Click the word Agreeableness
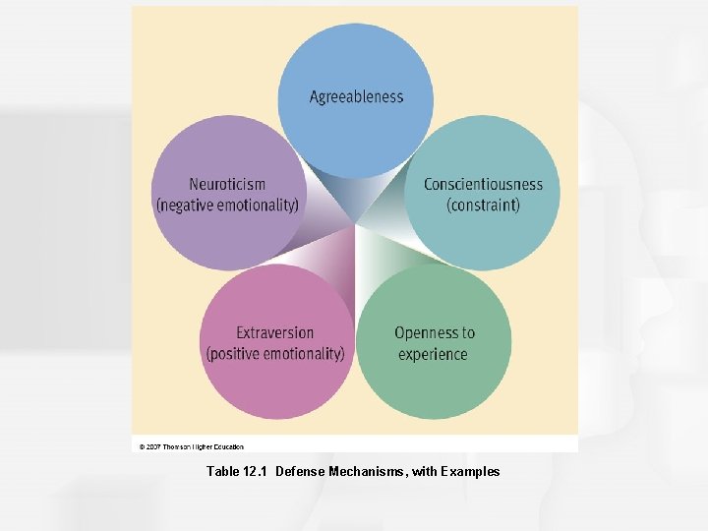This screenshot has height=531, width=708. click(x=356, y=96)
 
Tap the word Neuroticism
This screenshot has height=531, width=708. click(x=227, y=184)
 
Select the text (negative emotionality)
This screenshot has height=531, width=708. click(x=227, y=205)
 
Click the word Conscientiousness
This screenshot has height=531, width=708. click(x=483, y=184)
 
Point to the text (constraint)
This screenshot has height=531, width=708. click(x=483, y=205)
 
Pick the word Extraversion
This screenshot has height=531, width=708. click(x=275, y=332)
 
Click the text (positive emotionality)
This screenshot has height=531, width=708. click(x=275, y=353)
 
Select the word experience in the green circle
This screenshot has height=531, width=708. click(x=433, y=354)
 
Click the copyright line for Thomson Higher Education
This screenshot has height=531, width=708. click(x=192, y=446)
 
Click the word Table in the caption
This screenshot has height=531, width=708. click(x=222, y=472)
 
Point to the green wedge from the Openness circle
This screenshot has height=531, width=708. click(x=379, y=256)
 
